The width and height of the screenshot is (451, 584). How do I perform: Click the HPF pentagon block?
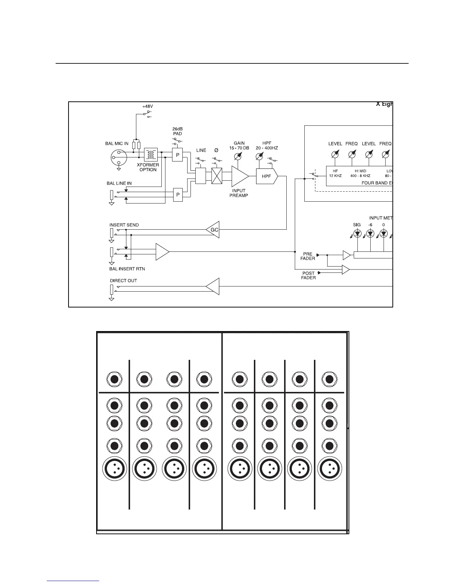click(266, 176)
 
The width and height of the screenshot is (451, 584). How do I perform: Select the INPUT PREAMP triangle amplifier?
click(239, 176)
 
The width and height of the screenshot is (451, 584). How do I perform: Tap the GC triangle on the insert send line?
click(214, 230)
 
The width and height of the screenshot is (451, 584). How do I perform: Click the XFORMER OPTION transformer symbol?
click(150, 155)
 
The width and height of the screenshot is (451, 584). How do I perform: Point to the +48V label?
click(147, 106)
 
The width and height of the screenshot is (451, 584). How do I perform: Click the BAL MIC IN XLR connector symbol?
click(119, 158)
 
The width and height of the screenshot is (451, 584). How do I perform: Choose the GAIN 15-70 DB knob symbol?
click(238, 157)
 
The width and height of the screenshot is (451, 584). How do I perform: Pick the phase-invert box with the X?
click(217, 176)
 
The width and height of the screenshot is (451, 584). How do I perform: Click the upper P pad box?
click(178, 155)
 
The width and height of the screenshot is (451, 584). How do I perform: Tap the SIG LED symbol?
click(357, 233)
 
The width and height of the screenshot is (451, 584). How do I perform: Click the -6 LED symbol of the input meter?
click(370, 233)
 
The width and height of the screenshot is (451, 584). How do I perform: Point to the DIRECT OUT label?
click(123, 281)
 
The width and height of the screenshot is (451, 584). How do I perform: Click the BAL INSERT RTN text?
click(127, 269)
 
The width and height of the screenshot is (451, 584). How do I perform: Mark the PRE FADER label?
click(308, 256)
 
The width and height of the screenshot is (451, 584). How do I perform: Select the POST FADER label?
click(308, 275)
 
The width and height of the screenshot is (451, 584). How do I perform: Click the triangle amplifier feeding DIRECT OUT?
click(213, 286)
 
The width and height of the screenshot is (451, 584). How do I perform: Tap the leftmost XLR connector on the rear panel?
click(114, 469)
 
